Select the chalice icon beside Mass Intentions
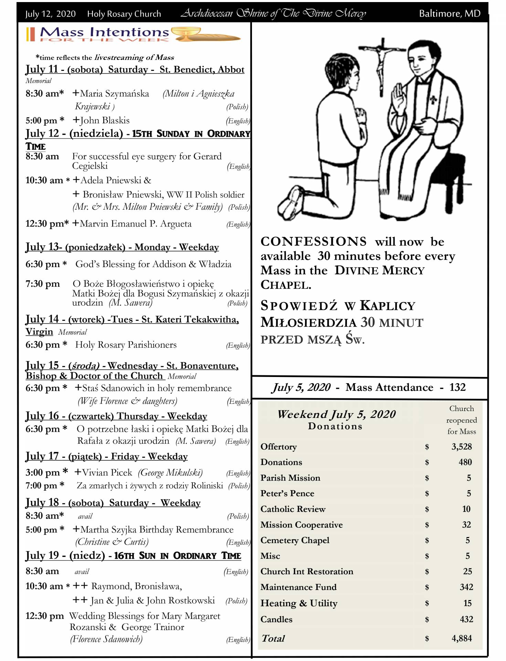click(x=186, y=34)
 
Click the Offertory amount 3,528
click(x=461, y=447)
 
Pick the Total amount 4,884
click(x=461, y=638)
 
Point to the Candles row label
click(x=276, y=619)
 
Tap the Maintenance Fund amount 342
click(x=466, y=587)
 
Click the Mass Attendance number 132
click(x=457, y=387)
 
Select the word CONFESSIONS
click(x=314, y=242)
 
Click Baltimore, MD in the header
click(x=450, y=13)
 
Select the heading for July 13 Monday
click(x=122, y=247)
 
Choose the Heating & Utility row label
click(x=299, y=603)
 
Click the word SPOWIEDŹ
click(x=299, y=306)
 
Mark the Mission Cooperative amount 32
click(x=466, y=525)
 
